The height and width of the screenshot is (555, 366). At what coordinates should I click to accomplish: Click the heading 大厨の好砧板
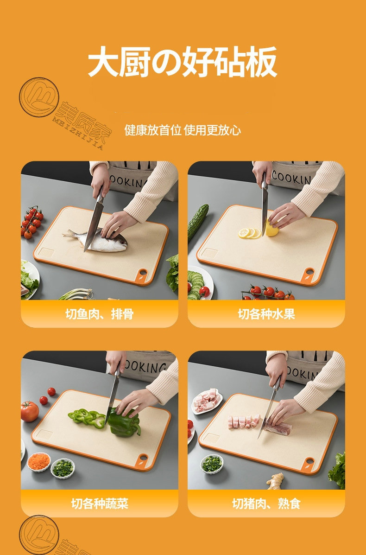coord(183,62)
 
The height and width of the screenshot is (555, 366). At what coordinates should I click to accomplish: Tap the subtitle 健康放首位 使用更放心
coord(183,130)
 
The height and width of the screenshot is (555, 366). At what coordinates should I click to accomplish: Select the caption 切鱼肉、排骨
coord(99,314)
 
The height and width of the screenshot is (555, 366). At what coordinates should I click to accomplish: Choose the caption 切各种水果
coord(266,314)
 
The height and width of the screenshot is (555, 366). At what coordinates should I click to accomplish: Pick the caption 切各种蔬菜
coord(99,503)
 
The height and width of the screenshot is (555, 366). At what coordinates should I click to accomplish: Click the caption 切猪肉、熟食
coord(266,503)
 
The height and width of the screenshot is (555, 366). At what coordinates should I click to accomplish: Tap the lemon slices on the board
coord(249,233)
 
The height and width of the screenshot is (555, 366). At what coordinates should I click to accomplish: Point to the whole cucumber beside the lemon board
coord(198,221)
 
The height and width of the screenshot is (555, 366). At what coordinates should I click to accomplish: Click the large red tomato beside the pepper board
coord(29,411)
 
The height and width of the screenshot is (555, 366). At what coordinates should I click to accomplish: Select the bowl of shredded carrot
coord(39,461)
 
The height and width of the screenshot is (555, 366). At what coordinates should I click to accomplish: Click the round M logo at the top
coord(39,97)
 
